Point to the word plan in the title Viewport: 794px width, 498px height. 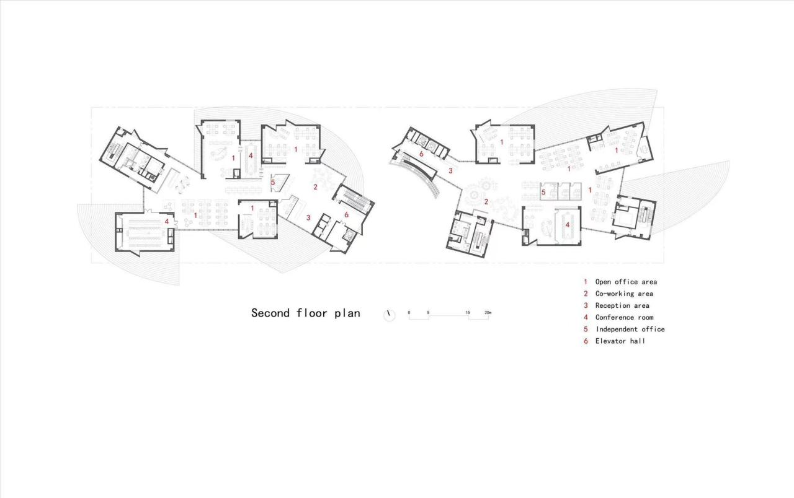(347, 313)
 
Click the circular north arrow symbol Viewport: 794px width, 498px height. (389, 315)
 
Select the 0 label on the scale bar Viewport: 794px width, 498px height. (409, 312)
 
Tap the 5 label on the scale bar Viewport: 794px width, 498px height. (428, 312)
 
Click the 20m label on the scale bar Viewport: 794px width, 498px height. (488, 312)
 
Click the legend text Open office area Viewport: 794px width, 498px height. (626, 282)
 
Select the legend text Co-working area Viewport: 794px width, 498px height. (624, 294)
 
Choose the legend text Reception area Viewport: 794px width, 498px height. (622, 305)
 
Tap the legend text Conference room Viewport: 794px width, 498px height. (624, 317)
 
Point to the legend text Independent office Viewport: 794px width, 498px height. (630, 329)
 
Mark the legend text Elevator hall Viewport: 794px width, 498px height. (620, 341)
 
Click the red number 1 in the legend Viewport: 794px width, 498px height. (586, 282)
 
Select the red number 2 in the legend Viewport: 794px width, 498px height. (586, 294)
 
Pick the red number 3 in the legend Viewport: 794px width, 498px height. (586, 305)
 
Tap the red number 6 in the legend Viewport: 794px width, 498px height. (586, 341)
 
